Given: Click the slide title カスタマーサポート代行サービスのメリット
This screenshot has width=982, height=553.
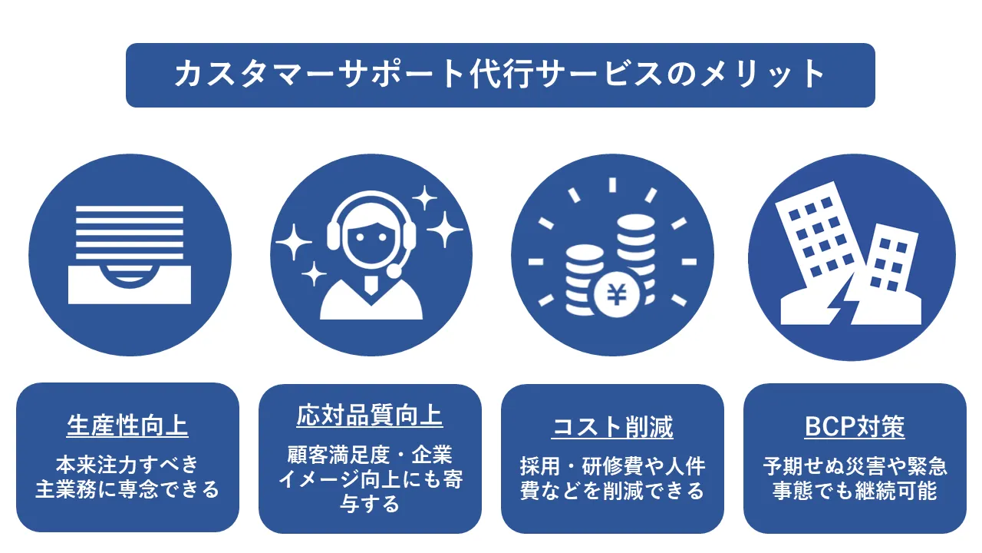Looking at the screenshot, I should [x=500, y=75].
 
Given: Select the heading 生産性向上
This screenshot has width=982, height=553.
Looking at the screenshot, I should [x=127, y=425].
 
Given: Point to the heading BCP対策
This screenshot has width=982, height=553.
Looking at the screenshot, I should [x=855, y=426].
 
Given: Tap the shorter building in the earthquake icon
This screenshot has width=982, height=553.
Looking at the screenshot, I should [x=890, y=265].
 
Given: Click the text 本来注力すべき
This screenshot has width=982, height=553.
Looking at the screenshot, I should [x=127, y=464].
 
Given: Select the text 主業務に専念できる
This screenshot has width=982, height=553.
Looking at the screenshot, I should [x=127, y=488].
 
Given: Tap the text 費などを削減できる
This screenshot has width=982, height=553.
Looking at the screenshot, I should [x=612, y=490].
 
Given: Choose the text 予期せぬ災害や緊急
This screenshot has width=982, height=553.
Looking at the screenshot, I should [x=855, y=465].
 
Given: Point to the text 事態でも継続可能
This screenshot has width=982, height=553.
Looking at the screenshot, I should [x=855, y=490].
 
